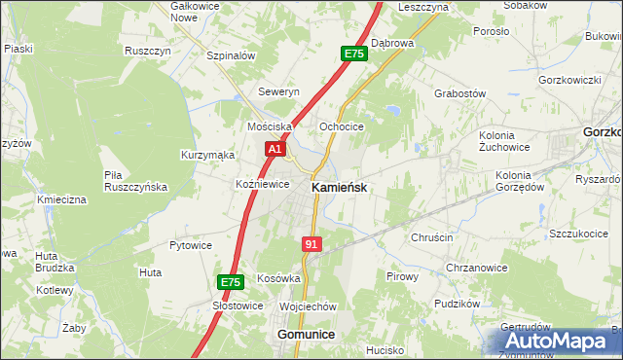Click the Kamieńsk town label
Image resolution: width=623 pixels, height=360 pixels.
tap(339, 188)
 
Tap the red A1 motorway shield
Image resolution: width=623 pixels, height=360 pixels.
tap(275, 149)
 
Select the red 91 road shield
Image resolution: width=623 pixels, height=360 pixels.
tap(311, 245)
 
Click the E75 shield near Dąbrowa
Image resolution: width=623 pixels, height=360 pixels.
tap(354, 54)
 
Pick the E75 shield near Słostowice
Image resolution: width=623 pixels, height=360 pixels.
tap(230, 282)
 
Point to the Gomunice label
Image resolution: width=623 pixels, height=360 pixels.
tap(306, 334)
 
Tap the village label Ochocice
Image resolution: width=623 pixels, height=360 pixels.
tap(342, 127)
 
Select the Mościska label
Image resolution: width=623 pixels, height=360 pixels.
tap(271, 127)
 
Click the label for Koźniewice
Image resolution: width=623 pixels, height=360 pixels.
tap(263, 183)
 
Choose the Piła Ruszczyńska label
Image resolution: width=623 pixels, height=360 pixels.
tap(136, 180)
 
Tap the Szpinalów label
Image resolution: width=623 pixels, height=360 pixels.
tap(231, 55)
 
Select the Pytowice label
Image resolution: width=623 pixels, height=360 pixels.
tap(191, 245)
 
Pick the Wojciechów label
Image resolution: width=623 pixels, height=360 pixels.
tap(308, 306)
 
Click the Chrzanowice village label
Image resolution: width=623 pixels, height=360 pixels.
tap(476, 269)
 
